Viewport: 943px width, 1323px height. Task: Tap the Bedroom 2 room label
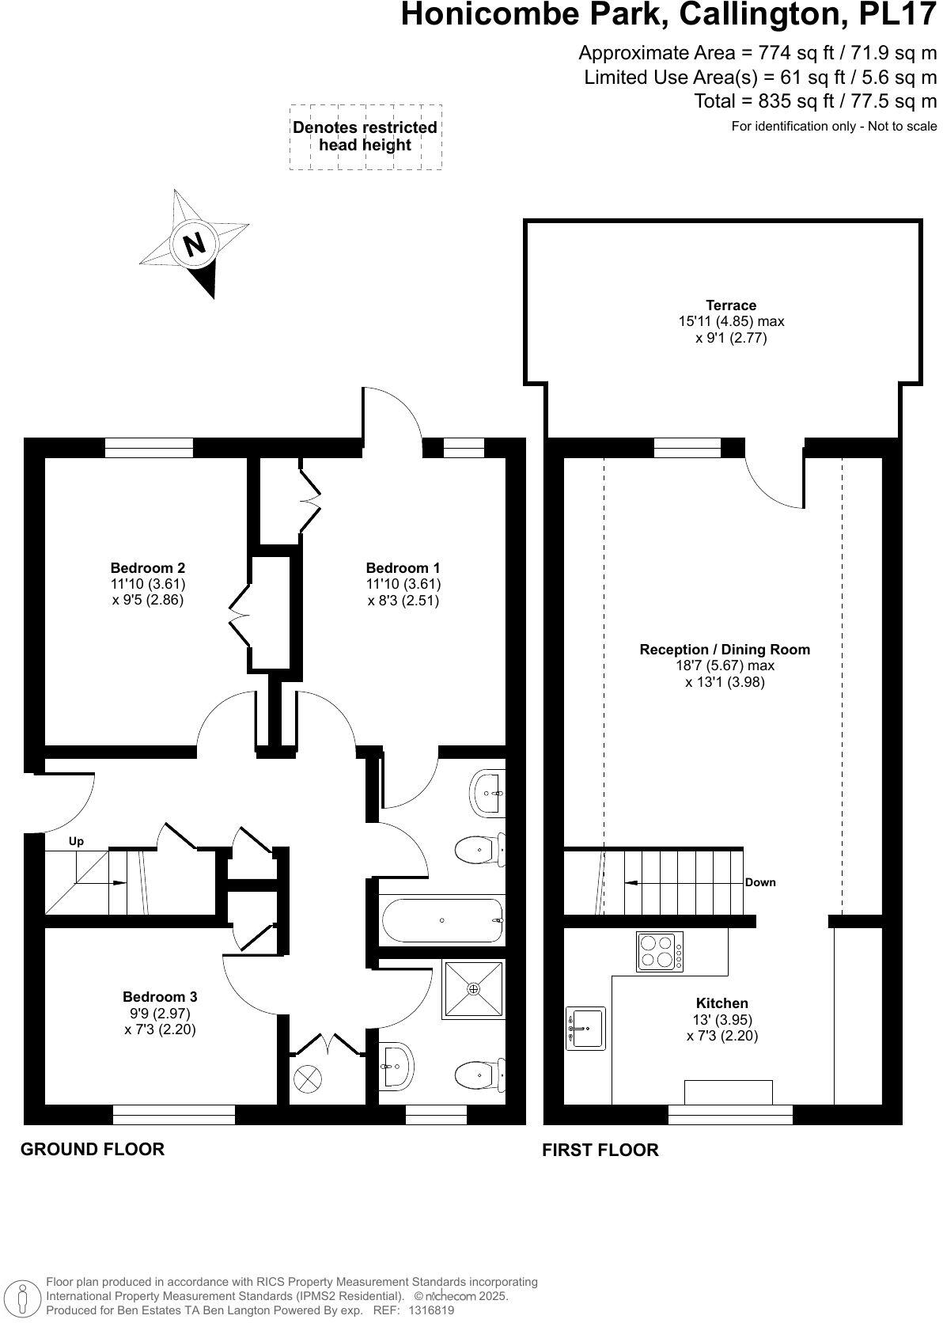click(x=148, y=567)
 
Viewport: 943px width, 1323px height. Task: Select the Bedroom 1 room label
click(x=403, y=567)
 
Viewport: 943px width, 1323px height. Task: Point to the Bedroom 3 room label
click(x=160, y=997)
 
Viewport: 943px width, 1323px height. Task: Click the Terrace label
click(x=731, y=305)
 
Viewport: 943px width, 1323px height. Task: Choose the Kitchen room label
click(x=722, y=1003)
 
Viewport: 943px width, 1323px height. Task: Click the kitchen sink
click(x=585, y=1029)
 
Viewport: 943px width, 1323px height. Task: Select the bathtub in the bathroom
click(x=442, y=921)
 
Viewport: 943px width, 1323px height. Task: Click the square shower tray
click(x=473, y=989)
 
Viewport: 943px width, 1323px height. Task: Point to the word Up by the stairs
click(x=76, y=841)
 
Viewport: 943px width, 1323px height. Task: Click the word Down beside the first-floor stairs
click(x=759, y=882)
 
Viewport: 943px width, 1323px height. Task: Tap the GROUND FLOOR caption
click(x=93, y=1149)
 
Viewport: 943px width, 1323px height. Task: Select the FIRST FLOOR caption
click(x=600, y=1150)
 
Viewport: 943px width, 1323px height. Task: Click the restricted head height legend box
click(x=365, y=136)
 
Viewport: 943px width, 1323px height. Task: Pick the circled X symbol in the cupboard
click(x=308, y=1078)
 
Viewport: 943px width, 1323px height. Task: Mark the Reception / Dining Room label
click(x=725, y=650)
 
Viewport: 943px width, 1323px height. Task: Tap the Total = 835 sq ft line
click(x=815, y=101)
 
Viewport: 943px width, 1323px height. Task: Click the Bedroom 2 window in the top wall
click(x=149, y=448)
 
